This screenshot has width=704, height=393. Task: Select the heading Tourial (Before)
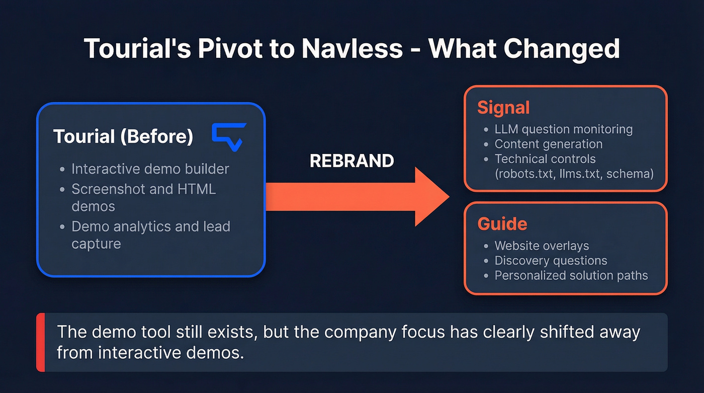(123, 137)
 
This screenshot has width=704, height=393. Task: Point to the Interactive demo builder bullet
(150, 169)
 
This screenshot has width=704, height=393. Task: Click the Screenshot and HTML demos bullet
(143, 197)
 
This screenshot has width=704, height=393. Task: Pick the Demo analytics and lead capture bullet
(150, 235)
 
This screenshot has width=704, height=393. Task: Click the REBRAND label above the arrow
(351, 161)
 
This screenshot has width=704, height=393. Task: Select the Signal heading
(503, 108)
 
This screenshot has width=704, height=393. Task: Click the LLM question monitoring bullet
(563, 129)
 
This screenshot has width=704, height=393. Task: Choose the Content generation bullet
(548, 144)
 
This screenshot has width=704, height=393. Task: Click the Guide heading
(502, 223)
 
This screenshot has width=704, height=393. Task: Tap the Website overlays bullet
(542, 246)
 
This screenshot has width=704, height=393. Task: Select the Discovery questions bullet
(551, 261)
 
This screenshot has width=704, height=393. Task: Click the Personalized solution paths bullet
(571, 276)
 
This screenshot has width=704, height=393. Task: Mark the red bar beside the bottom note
(41, 342)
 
